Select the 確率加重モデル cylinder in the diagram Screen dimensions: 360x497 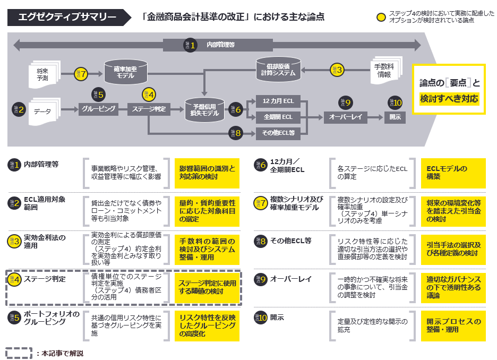125,73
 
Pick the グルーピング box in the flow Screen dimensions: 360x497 99,110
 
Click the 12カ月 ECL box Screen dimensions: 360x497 278,101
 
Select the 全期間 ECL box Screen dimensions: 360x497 278,117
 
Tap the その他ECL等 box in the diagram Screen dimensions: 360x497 278,133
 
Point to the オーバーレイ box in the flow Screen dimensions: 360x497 345,117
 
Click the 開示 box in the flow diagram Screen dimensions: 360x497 395,117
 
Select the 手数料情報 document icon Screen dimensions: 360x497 383,71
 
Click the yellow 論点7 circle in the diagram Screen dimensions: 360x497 81,74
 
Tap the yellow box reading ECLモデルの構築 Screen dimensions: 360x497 453,173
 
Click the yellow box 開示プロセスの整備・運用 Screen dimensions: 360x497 453,325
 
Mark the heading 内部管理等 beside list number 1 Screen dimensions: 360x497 41,165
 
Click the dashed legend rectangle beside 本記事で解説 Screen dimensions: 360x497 19,353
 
